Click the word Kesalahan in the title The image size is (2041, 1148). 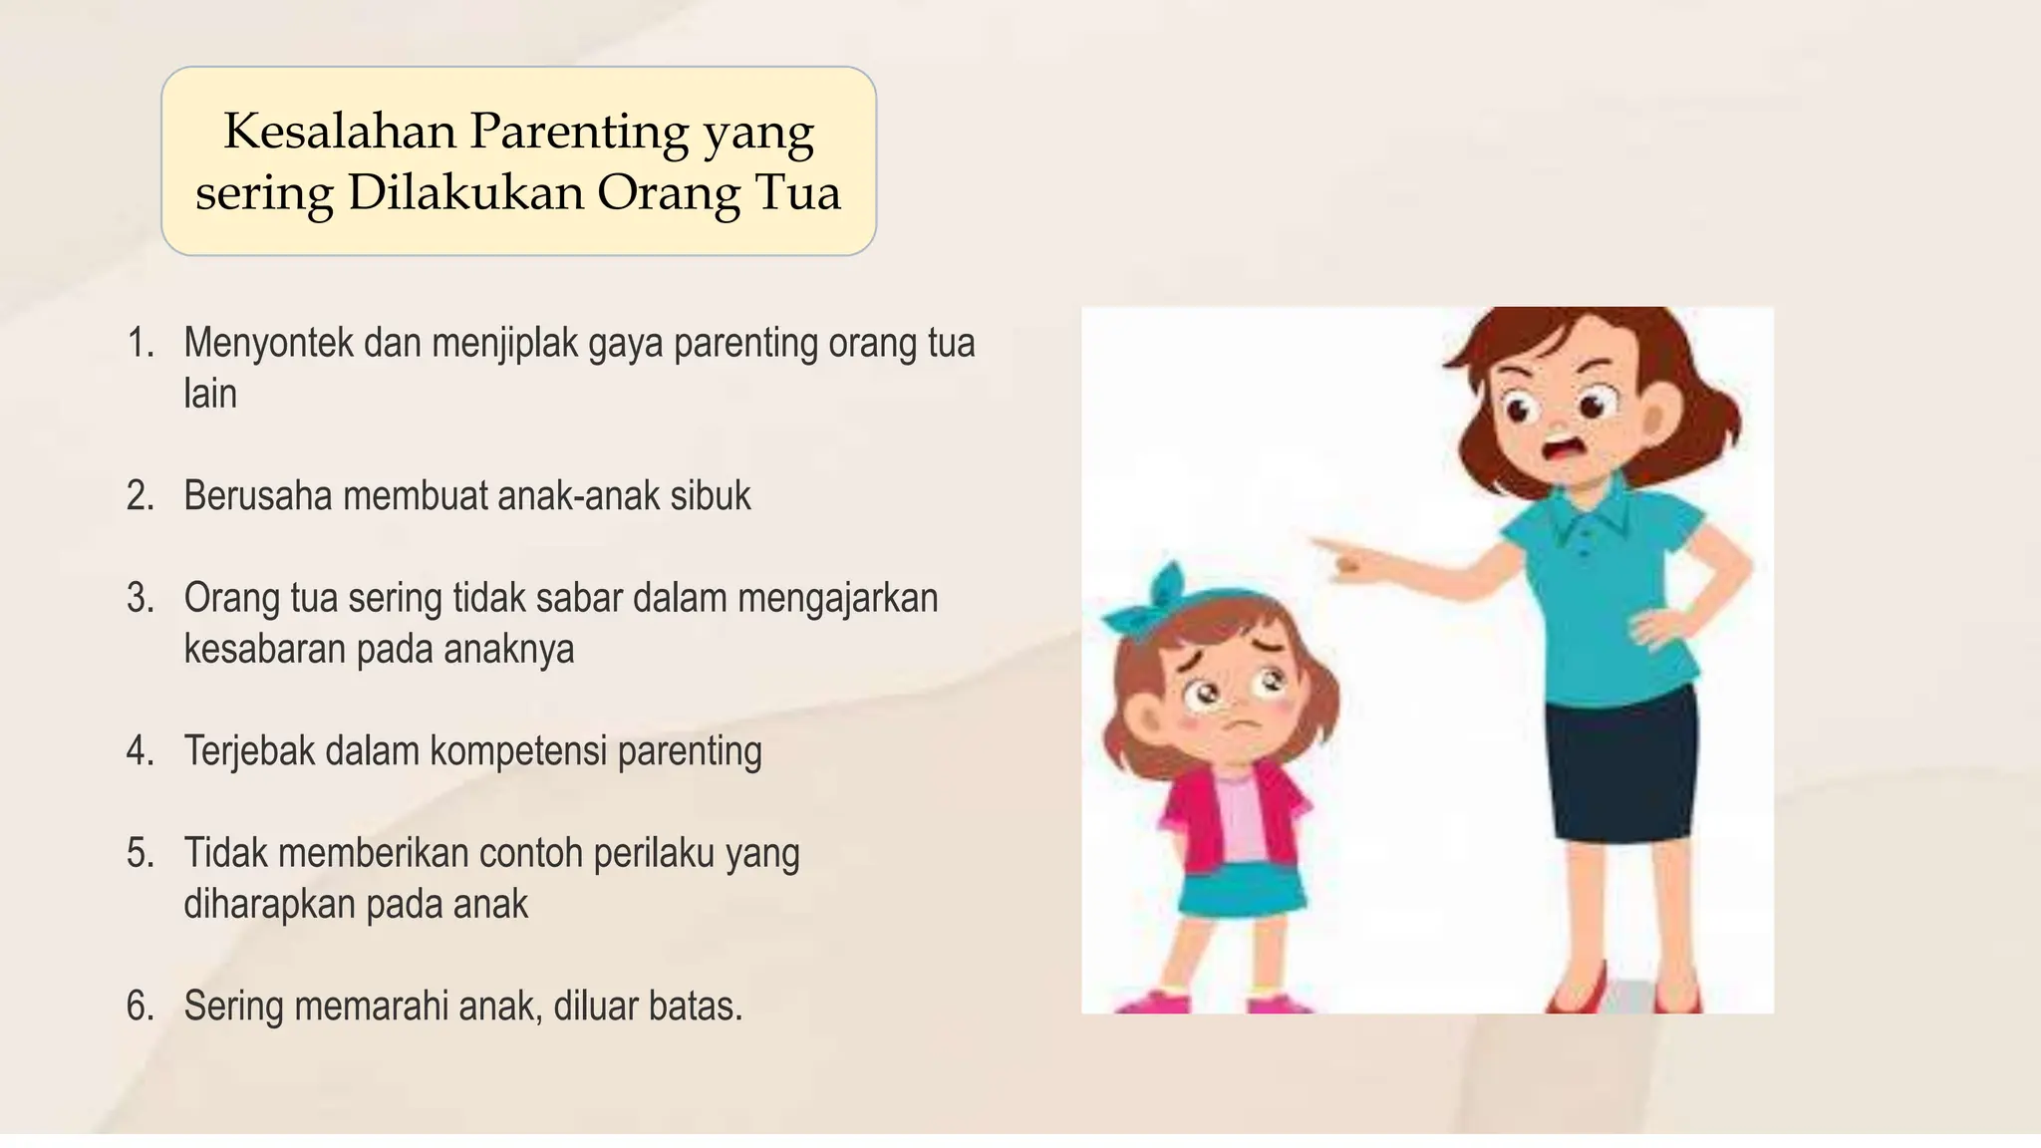point(339,131)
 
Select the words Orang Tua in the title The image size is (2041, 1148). point(719,192)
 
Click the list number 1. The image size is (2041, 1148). point(140,343)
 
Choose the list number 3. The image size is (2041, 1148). point(140,598)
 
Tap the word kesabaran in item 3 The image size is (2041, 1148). point(263,650)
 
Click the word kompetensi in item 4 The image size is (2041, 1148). point(517,751)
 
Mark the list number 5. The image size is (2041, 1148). point(140,854)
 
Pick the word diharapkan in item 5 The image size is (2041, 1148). point(268,905)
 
